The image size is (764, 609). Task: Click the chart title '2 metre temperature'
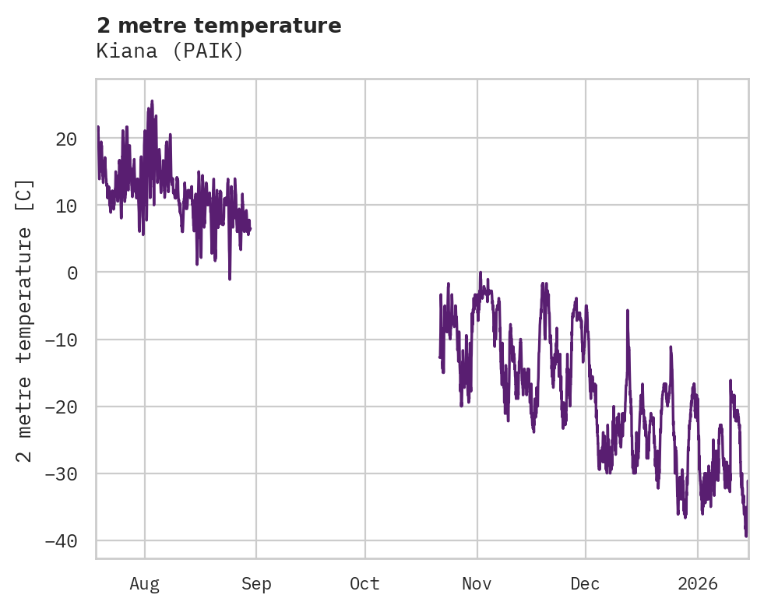(x=219, y=26)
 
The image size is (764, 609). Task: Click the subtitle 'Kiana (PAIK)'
(x=170, y=51)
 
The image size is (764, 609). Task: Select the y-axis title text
(x=25, y=321)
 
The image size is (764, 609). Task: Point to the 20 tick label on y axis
(x=66, y=139)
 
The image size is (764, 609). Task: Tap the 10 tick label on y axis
(x=66, y=206)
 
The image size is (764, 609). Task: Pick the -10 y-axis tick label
(x=61, y=340)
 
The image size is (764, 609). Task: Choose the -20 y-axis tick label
(x=61, y=407)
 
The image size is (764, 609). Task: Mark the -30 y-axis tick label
(x=61, y=473)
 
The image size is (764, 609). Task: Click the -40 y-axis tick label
(x=61, y=540)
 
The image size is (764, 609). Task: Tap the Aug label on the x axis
(x=145, y=584)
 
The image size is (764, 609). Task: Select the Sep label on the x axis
(x=256, y=584)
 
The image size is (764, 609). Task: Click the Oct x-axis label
(x=364, y=584)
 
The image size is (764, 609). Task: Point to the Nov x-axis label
(x=477, y=584)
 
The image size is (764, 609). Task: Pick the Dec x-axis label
(x=585, y=584)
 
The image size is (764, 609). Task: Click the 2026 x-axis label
(x=697, y=584)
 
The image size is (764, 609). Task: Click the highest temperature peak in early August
(x=152, y=100)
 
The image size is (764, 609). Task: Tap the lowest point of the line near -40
(x=746, y=536)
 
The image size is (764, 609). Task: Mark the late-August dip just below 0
(x=230, y=278)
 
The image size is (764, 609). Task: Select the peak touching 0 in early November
(x=480, y=273)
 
